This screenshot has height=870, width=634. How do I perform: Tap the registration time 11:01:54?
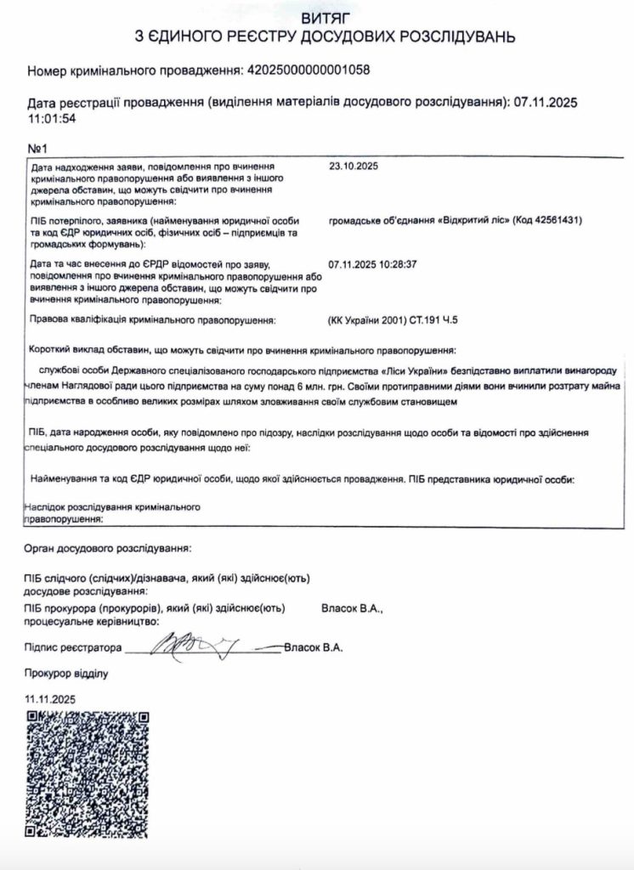pyautogui.click(x=53, y=118)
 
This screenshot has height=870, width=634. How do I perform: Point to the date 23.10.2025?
pyautogui.click(x=353, y=167)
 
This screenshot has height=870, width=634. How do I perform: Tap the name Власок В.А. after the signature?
pyautogui.click(x=314, y=647)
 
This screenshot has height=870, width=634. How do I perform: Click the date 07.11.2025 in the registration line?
pyautogui.click(x=546, y=103)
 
